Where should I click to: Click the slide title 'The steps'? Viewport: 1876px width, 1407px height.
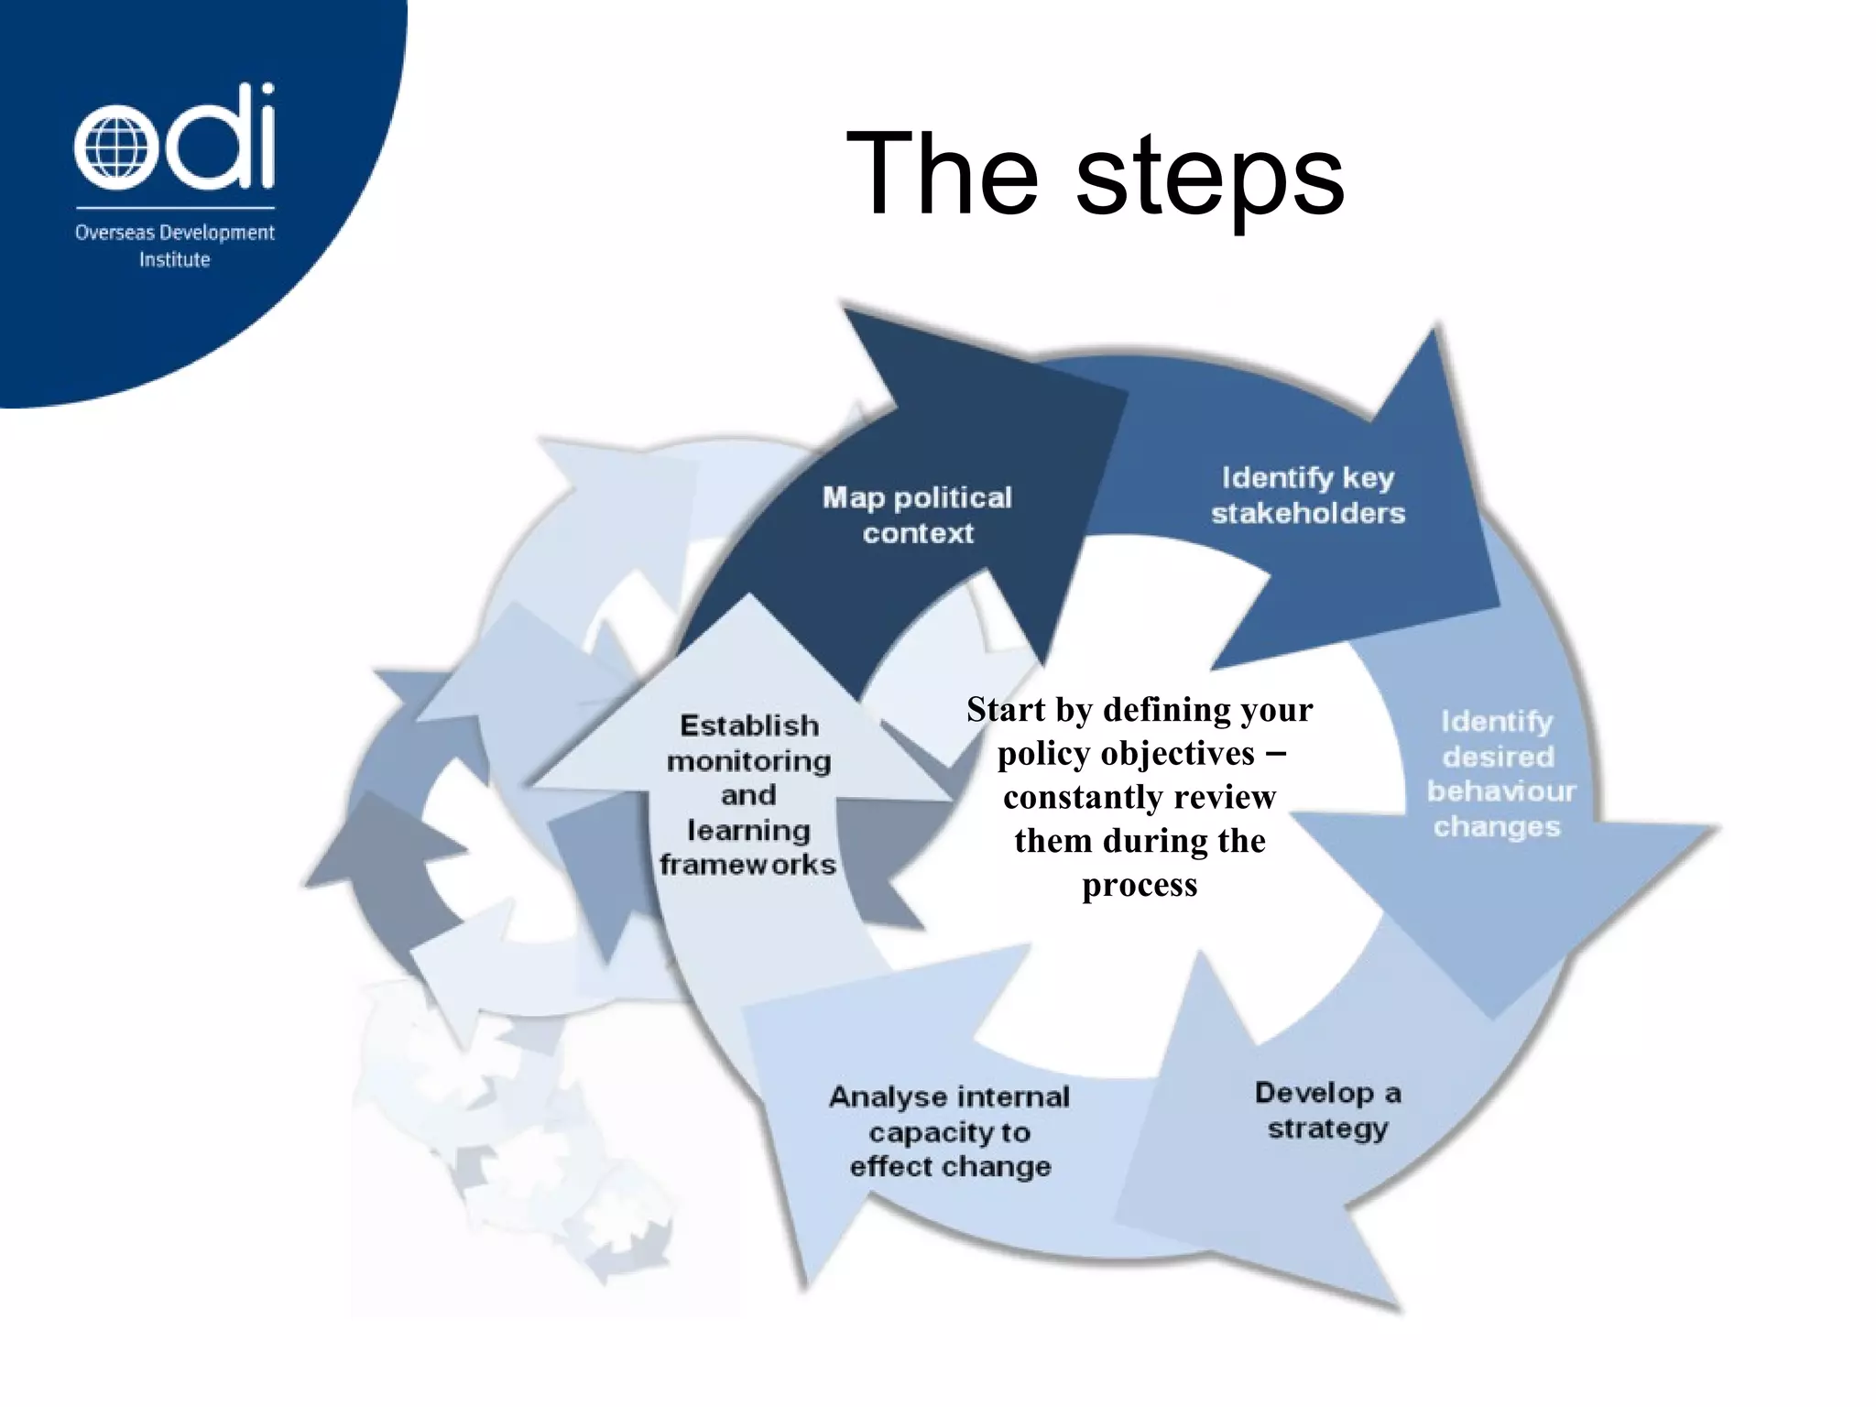click(1094, 174)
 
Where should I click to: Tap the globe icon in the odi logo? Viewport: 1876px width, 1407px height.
click(110, 147)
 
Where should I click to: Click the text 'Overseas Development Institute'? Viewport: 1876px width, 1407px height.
click(174, 245)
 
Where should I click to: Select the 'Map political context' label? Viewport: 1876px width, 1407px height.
click(917, 515)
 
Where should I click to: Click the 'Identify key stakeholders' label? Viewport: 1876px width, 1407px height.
click(1307, 496)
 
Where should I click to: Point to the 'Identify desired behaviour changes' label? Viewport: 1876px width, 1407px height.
click(1498, 774)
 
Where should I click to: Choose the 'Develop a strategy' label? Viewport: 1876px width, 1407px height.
click(1327, 1110)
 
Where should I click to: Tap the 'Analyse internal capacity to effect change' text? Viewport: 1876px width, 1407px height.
click(949, 1131)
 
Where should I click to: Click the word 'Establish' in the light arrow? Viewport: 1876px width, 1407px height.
click(748, 725)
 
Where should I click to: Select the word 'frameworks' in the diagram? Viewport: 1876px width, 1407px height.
click(747, 865)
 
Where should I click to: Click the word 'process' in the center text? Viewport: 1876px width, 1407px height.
click(1140, 885)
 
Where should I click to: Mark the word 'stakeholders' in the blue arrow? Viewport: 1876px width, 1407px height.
click(1307, 514)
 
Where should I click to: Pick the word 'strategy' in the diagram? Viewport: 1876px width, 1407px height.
click(1327, 1129)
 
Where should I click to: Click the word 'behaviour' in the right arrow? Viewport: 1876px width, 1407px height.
click(1500, 791)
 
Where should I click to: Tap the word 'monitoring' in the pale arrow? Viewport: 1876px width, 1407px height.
click(748, 761)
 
